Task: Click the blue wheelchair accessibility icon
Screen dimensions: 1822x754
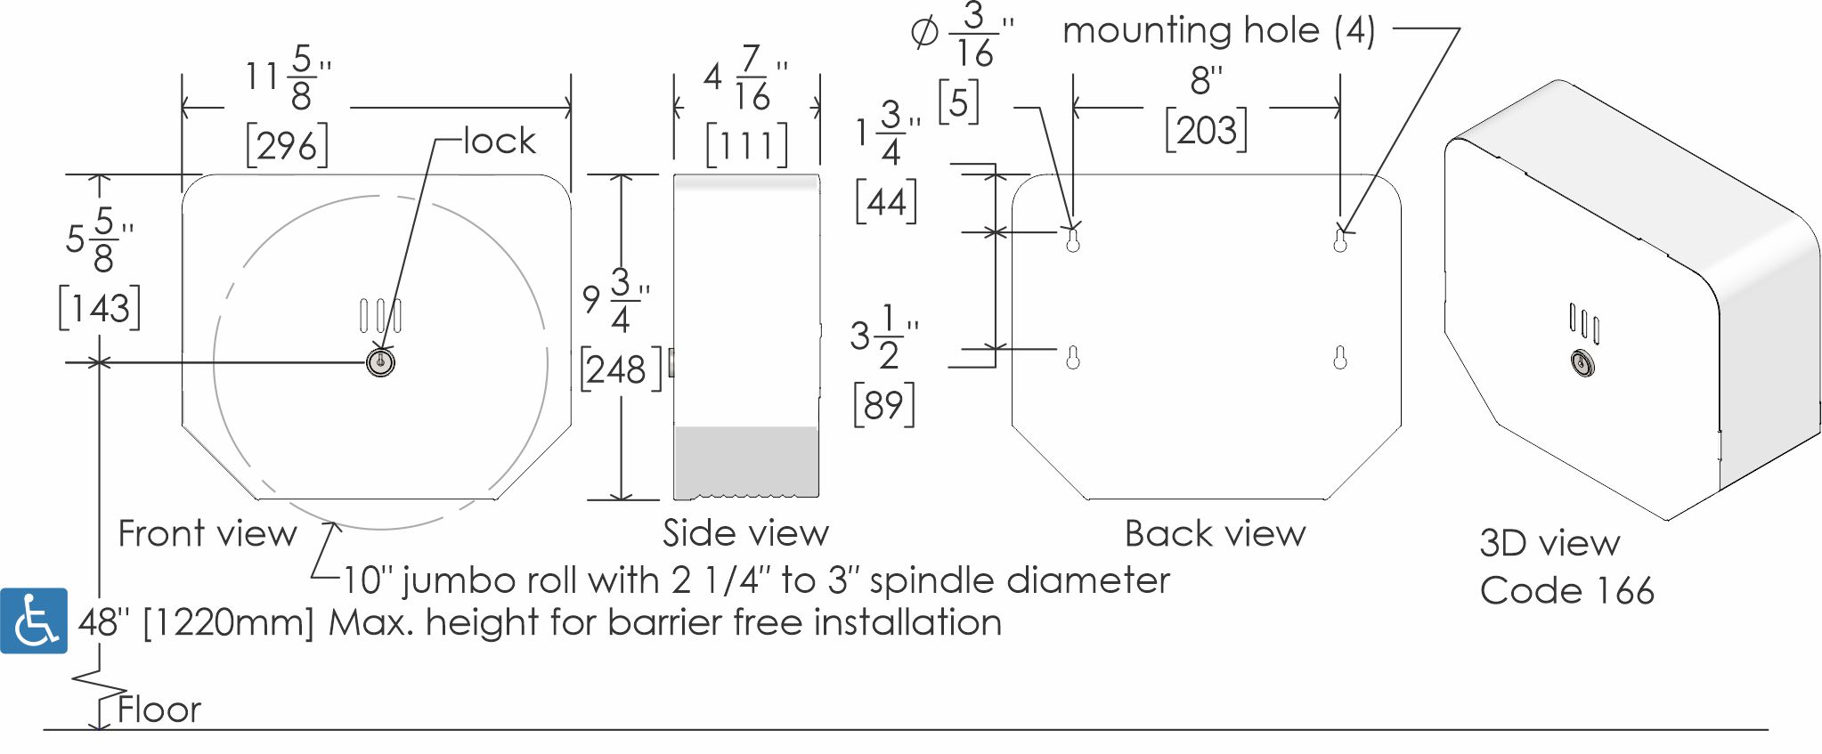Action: click(x=34, y=620)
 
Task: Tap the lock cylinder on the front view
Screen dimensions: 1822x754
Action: click(x=380, y=362)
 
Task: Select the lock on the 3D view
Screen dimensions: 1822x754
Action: click(x=1582, y=363)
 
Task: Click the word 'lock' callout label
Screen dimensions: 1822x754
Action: click(x=500, y=141)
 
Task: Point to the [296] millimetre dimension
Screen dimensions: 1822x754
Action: click(x=287, y=145)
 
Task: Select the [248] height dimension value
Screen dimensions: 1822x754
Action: click(x=622, y=369)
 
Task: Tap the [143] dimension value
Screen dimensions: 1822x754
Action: click(x=100, y=308)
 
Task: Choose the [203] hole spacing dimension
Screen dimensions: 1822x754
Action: click(x=1206, y=131)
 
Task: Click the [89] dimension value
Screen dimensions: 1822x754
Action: click(x=883, y=405)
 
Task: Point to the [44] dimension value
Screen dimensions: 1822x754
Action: click(x=885, y=202)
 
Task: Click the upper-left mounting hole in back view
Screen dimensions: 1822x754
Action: click(x=1073, y=240)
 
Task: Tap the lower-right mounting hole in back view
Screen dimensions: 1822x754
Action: click(x=1340, y=358)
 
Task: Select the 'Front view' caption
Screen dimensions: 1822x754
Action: click(x=207, y=533)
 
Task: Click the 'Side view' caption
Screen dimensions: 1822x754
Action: click(x=745, y=532)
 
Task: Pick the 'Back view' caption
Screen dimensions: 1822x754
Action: click(x=1215, y=533)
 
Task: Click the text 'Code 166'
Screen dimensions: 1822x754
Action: click(x=1566, y=590)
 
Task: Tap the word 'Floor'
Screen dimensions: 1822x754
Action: click(x=159, y=709)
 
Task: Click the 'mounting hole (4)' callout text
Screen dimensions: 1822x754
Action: click(x=1219, y=30)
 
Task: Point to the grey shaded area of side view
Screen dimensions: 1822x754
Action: click(x=746, y=461)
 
